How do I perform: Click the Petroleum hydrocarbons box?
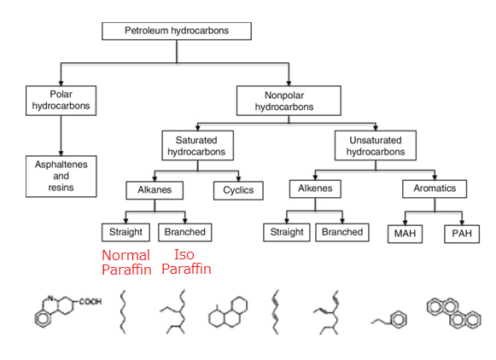[177, 31]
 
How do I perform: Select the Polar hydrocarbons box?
[61, 101]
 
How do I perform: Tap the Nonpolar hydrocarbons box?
[289, 101]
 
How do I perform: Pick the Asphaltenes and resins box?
[61, 177]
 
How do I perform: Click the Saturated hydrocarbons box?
[198, 145]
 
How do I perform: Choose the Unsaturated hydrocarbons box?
[376, 145]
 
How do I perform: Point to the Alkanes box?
[155, 190]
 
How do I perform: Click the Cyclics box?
[238, 190]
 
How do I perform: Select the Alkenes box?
[315, 189]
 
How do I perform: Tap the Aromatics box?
[435, 189]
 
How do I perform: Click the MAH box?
[405, 234]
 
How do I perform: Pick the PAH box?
[462, 234]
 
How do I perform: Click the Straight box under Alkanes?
[125, 232]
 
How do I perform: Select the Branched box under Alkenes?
[342, 232]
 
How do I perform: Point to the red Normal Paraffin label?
[126, 263]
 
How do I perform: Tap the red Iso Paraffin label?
[186, 262]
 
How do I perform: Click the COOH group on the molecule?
[90, 301]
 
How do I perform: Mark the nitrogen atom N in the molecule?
[50, 298]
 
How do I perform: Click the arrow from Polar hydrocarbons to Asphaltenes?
[61, 136]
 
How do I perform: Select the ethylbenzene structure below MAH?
[389, 319]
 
